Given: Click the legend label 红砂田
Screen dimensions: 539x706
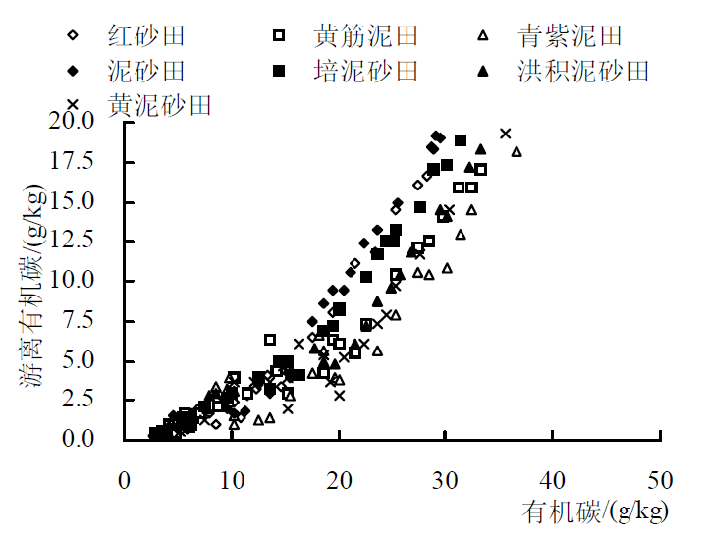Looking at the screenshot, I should click(145, 37).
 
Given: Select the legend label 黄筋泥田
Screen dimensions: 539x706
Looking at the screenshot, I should click(366, 37).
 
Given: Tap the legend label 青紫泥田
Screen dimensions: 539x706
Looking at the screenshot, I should click(570, 37).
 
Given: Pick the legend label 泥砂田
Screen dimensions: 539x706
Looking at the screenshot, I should click(145, 71).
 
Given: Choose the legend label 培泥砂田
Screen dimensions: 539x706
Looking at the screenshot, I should click(366, 71).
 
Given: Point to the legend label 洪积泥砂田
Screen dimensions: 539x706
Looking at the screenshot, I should click(583, 71).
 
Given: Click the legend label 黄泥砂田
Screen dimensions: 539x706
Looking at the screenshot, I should click(159, 104).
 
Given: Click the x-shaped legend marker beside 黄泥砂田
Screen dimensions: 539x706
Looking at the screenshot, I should click(73, 104).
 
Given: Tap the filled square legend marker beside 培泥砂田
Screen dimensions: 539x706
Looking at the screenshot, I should click(280, 71).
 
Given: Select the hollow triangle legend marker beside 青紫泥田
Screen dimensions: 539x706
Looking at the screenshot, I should click(483, 37).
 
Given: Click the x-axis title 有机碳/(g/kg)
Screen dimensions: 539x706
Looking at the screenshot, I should click(596, 512).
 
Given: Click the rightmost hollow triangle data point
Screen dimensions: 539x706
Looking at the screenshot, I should click(516, 151).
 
